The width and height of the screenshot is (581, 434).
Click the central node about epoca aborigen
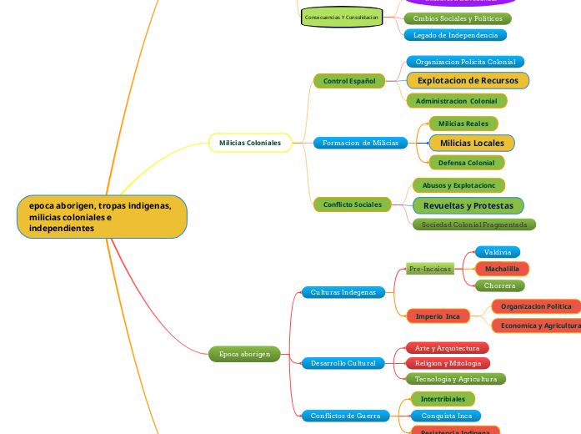[x=102, y=217]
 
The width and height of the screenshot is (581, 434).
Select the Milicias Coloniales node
[x=250, y=143]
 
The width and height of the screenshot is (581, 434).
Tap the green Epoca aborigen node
[x=244, y=354]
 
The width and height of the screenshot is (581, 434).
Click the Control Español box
[x=348, y=81]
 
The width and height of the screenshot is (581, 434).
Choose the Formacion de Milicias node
[x=360, y=143]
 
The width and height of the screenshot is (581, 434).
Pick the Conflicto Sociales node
[x=352, y=204]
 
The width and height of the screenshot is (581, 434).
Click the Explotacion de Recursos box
[x=468, y=80]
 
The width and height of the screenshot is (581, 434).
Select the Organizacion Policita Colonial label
[x=465, y=62]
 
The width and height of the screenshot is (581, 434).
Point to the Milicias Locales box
[x=472, y=143]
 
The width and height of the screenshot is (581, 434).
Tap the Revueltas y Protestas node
[x=468, y=205]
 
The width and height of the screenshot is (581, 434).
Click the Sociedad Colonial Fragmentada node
[x=473, y=225]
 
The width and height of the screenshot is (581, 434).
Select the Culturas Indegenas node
[x=343, y=292]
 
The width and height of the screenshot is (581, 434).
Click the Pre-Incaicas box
[x=430, y=269]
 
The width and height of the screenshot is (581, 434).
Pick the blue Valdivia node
[x=498, y=252]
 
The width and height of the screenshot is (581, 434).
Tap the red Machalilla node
[x=502, y=269]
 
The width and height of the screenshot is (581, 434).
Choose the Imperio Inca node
[x=438, y=316]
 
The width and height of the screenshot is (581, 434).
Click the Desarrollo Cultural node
[x=343, y=363]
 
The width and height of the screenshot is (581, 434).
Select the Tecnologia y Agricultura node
[x=456, y=379]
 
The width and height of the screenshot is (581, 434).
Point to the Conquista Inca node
[x=446, y=416]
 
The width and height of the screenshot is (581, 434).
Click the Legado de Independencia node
[x=455, y=35]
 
